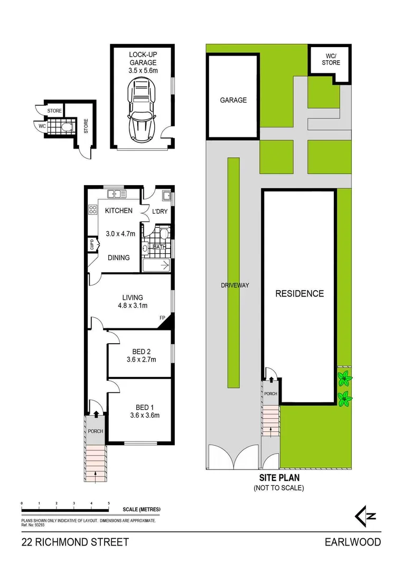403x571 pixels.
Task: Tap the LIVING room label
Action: click(133, 298)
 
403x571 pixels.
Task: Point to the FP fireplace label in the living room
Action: click(163, 318)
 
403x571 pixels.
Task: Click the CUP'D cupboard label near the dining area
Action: click(91, 245)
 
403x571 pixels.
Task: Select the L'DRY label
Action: click(160, 211)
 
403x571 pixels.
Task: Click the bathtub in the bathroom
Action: click(156, 265)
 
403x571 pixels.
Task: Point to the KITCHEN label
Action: click(119, 211)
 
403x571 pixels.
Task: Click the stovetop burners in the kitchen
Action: click(92, 209)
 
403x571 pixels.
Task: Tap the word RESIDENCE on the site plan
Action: click(299, 294)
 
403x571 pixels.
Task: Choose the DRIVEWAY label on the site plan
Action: click(235, 285)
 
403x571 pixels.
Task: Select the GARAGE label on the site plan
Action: click(233, 100)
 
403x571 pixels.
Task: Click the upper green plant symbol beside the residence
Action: click(344, 378)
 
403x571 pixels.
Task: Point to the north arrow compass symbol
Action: click(362, 516)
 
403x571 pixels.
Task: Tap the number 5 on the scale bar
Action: click(108, 503)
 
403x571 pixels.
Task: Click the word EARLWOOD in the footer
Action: click(352, 542)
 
